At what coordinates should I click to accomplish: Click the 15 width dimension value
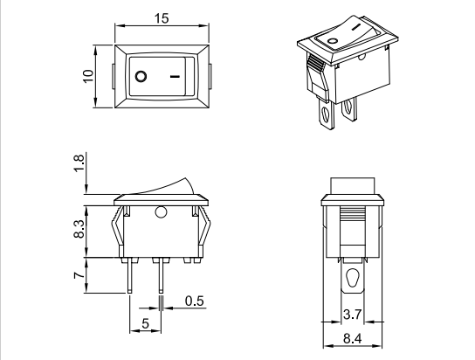coord(162,18)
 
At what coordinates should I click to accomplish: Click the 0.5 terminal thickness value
coord(194,302)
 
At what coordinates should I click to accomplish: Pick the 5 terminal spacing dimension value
coord(145,325)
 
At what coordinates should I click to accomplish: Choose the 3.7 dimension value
coord(353,314)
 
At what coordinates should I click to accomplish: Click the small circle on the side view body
coord(161,212)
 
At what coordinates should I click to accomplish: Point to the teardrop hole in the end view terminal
coord(353,280)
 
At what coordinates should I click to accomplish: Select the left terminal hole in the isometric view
coord(327,114)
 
